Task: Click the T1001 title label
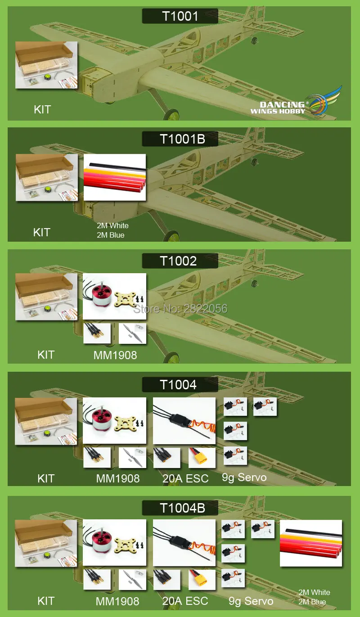[180, 16]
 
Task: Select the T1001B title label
[180, 139]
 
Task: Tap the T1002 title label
[180, 261]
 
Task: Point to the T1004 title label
[180, 385]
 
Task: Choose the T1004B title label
[180, 508]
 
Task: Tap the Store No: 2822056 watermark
[180, 309]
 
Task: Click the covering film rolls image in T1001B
[115, 177]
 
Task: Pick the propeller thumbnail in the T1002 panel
[132, 333]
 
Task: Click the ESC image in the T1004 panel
[184, 421]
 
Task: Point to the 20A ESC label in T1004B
[185, 601]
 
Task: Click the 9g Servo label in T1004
[244, 477]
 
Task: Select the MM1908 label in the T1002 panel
[115, 355]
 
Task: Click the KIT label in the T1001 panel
[42, 109]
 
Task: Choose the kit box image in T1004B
[46, 543]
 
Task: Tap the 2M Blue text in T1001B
[111, 235]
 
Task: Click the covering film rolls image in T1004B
[311, 543]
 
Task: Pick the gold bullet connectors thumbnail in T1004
[97, 458]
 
